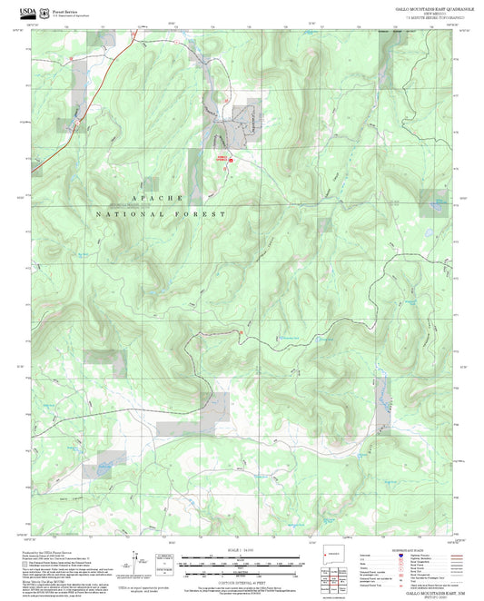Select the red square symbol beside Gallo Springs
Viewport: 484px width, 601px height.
click(230, 161)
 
